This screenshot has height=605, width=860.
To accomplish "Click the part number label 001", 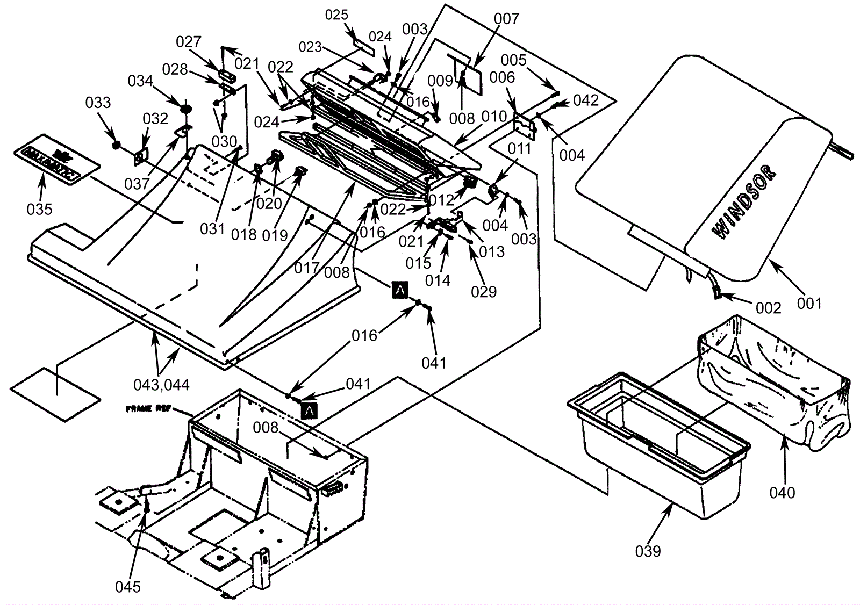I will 809,304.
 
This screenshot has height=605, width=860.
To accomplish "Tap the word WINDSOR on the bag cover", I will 744,201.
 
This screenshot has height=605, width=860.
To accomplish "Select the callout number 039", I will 648,551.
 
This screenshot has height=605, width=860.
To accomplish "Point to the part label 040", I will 782,492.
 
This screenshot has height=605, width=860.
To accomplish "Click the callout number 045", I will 128,587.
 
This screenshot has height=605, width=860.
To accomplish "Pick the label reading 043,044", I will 161,385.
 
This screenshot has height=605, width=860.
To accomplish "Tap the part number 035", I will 39,208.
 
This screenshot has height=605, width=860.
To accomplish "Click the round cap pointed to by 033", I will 116,145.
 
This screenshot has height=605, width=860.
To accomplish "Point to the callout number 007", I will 506,19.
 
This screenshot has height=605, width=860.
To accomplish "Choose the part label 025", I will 337,15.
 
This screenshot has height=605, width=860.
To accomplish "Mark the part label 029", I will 484,292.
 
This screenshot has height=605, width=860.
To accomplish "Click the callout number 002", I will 768,308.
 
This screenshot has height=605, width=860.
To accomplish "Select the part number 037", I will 137,184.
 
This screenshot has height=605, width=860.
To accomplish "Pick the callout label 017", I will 307,268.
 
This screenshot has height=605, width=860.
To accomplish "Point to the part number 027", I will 189,42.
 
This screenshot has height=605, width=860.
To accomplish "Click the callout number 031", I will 212,228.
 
